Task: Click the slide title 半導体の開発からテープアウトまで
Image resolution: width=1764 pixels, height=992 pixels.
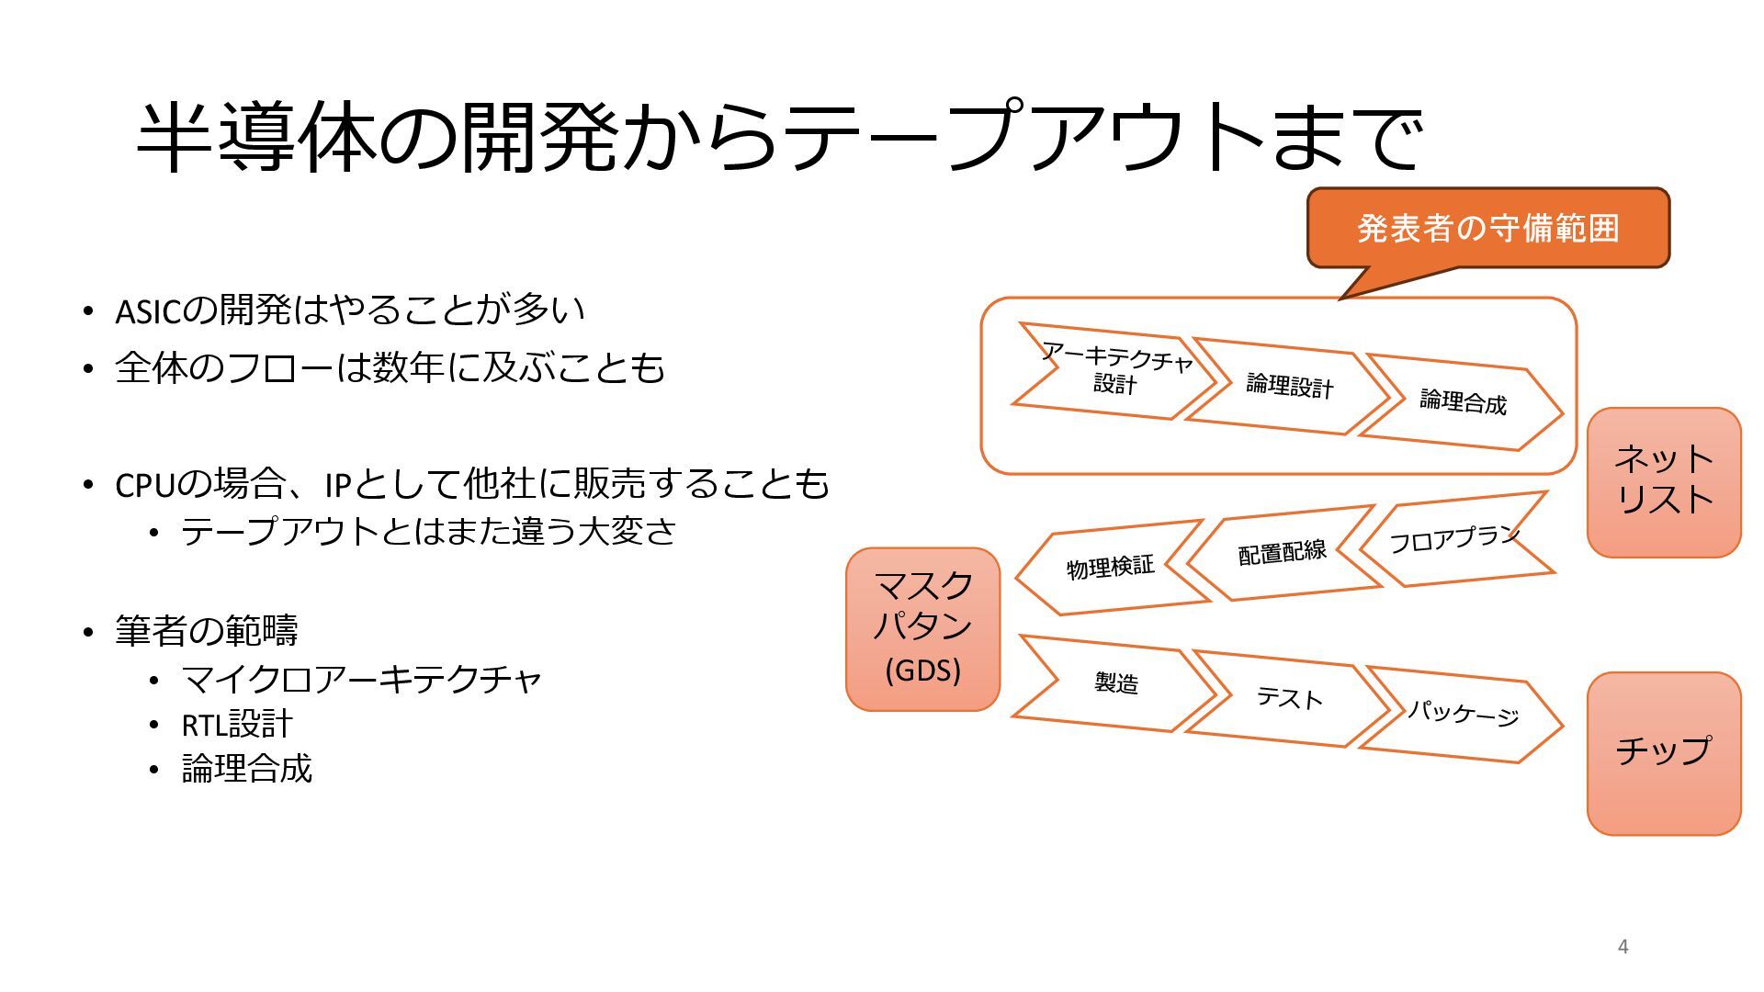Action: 779,138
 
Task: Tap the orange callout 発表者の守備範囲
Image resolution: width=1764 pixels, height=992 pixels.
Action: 1487,228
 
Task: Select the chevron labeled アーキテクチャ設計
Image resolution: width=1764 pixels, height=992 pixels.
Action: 1114,370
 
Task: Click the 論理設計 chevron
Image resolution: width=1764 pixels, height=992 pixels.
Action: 1288,386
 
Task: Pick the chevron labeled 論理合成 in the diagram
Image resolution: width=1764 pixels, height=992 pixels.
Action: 1463,401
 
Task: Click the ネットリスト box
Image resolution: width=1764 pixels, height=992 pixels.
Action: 1663,481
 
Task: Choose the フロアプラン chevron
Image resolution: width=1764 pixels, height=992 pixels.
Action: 1456,539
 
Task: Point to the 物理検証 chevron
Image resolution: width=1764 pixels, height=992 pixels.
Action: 1110,568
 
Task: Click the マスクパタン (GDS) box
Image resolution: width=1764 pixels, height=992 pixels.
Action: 922,629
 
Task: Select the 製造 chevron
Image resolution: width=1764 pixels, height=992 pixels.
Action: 1115,682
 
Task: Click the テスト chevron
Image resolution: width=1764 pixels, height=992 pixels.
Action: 1288,698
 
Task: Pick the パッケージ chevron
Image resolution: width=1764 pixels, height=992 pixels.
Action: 1463,714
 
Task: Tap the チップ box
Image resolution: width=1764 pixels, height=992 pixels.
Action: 1663,752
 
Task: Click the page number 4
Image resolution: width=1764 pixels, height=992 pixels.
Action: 1623,946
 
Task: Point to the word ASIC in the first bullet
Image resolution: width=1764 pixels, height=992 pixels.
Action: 148,312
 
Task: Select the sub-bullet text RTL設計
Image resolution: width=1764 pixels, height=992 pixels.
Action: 237,725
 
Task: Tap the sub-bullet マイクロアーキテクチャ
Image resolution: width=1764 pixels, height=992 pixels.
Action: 362,680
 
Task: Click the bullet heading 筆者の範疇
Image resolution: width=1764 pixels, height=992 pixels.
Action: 207,631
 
